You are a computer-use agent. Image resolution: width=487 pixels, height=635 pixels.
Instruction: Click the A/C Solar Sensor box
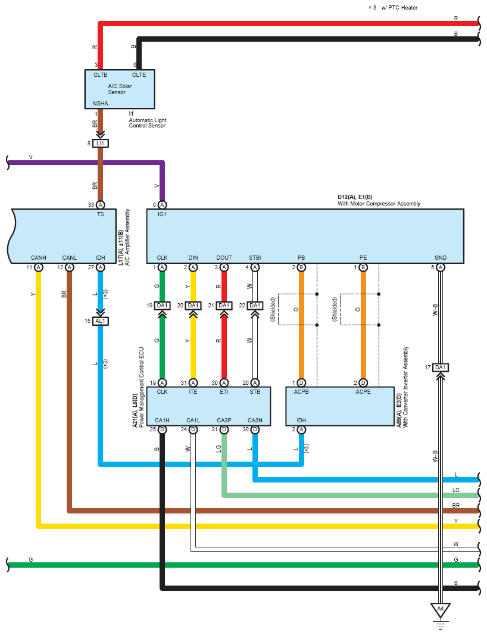tap(120, 89)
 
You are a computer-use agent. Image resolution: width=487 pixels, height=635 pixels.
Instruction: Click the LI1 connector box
tap(100, 144)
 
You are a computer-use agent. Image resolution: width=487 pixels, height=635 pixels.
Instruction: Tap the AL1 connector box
tap(100, 321)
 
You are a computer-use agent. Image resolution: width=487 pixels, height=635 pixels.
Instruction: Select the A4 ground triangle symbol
tap(441, 610)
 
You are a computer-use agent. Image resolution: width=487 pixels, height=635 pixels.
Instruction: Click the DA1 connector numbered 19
tap(162, 306)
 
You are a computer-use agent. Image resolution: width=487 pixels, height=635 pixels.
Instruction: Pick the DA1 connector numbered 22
tap(255, 306)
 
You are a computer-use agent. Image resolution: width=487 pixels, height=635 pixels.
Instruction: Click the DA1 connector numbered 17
tap(441, 368)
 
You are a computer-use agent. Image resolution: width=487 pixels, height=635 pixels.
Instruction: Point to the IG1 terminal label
tap(163, 214)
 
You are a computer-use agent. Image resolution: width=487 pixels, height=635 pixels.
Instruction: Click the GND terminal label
tap(441, 257)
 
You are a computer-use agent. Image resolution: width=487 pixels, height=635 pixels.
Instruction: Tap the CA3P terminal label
tap(224, 421)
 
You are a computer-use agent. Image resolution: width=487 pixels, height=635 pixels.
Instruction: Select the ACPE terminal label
tap(363, 392)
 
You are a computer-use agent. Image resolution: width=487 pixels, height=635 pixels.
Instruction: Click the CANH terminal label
tap(39, 257)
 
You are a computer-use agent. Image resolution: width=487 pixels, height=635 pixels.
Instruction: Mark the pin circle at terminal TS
tap(100, 204)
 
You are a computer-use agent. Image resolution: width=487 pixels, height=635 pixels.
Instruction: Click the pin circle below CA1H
tap(162, 429)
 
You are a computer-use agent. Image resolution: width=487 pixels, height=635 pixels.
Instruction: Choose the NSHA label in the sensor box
tap(100, 103)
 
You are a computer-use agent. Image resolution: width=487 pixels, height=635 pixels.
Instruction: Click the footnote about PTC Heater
tap(393, 8)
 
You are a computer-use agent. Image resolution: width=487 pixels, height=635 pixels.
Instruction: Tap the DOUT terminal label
tap(224, 257)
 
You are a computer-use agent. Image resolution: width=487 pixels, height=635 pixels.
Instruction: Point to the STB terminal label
tap(255, 392)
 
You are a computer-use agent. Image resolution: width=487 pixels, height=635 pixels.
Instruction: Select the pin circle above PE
tap(363, 267)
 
